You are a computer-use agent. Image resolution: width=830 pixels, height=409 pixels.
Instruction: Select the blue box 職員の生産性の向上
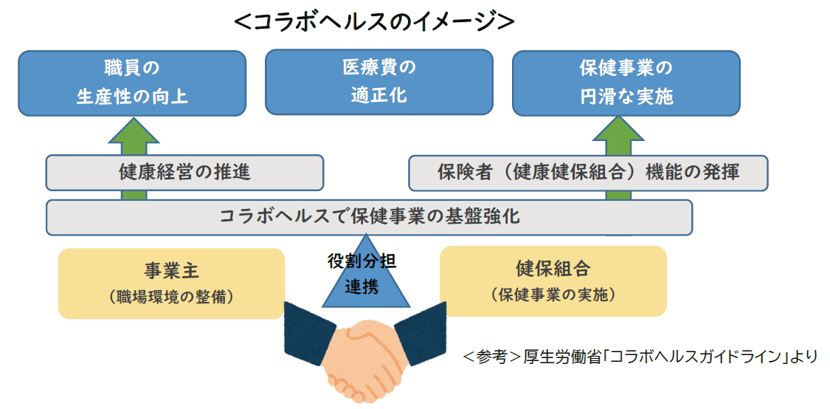coord(132,83)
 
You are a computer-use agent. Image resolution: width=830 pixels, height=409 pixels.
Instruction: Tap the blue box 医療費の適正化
coord(378,82)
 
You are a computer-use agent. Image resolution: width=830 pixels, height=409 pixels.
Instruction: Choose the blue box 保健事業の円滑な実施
coord(626,83)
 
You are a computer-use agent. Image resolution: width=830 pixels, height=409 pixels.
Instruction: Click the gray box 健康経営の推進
coord(184,173)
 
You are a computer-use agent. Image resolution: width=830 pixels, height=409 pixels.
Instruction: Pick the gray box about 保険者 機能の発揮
coord(588,173)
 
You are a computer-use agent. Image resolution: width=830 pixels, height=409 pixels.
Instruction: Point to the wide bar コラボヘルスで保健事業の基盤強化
coord(369,217)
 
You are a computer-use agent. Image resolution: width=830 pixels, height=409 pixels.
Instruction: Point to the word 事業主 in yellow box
coord(171,270)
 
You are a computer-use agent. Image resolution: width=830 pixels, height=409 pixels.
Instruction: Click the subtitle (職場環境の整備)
coord(171,298)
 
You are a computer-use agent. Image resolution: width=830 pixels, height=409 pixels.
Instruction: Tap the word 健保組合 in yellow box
coord(553,269)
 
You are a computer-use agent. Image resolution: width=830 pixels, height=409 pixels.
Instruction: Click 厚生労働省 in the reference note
coord(548,357)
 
